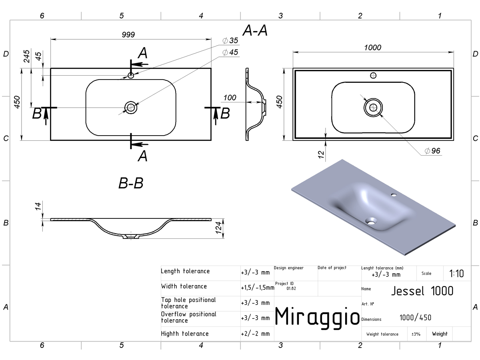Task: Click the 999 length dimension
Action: pyautogui.click(x=128, y=34)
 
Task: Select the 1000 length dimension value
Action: pyautogui.click(x=373, y=48)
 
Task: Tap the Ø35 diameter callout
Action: pyautogui.click(x=230, y=40)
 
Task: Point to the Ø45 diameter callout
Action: pyautogui.click(x=230, y=52)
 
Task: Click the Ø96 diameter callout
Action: pyautogui.click(x=432, y=151)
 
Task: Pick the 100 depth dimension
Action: pyautogui.click(x=230, y=98)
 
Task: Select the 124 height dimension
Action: pyautogui.click(x=218, y=228)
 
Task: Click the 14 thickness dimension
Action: pyautogui.click(x=38, y=206)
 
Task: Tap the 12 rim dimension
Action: pyautogui.click(x=321, y=154)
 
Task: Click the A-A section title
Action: pyautogui.click(x=255, y=30)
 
